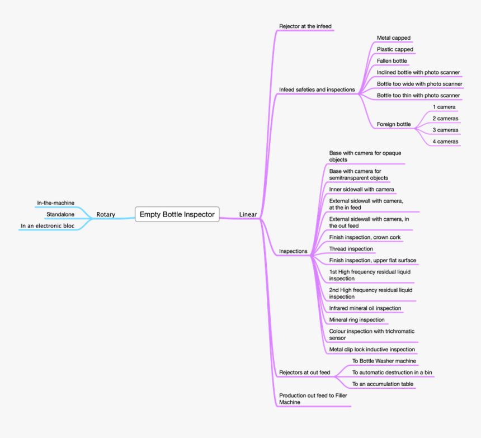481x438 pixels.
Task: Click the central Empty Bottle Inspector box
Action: click(177, 214)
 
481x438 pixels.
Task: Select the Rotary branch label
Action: click(106, 214)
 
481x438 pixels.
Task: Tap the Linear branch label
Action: click(248, 214)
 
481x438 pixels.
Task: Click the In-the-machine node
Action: click(55, 202)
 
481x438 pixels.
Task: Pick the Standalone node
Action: click(60, 214)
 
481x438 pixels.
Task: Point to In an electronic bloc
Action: click(47, 226)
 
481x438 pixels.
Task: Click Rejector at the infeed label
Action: click(305, 26)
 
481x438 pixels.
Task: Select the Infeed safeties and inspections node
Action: click(317, 90)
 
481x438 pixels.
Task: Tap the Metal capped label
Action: click(394, 37)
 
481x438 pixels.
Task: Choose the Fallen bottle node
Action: click(392, 61)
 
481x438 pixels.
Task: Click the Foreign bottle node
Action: click(394, 124)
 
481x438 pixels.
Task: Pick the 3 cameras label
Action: click(445, 130)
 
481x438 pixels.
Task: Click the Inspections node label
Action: click(293, 251)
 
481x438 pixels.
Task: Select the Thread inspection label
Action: click(351, 249)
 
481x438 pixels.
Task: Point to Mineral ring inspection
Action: click(357, 319)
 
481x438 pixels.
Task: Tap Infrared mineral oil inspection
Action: click(365, 308)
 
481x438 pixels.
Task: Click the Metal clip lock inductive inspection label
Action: click(372, 350)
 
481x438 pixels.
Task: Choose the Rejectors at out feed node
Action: click(305, 373)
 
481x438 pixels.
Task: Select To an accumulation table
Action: click(383, 384)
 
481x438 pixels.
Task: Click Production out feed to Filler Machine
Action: click(313, 399)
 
